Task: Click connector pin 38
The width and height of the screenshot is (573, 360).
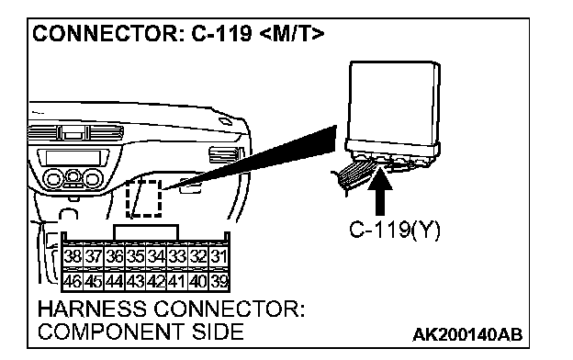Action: click(73, 256)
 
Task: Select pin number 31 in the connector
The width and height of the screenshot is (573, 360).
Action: click(219, 256)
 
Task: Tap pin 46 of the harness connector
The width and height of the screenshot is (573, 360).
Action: click(73, 281)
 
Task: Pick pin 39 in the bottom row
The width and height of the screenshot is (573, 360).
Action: click(219, 281)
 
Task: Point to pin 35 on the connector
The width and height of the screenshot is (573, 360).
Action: click(135, 256)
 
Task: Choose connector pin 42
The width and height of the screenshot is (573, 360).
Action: click(156, 281)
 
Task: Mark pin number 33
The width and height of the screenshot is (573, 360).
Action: click(177, 256)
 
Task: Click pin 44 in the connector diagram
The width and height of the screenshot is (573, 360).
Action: click(115, 281)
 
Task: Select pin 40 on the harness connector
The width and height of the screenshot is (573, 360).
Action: click(198, 281)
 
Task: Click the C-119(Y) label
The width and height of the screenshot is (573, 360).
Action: click(395, 231)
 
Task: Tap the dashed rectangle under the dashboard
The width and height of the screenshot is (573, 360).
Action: click(143, 198)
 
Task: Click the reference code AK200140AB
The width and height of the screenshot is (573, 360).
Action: click(467, 334)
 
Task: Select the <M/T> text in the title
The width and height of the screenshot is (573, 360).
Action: click(292, 34)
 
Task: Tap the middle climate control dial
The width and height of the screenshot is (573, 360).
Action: click(73, 176)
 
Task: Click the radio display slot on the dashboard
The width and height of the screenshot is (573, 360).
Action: click(73, 158)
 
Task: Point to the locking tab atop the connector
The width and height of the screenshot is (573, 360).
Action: click(146, 233)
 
